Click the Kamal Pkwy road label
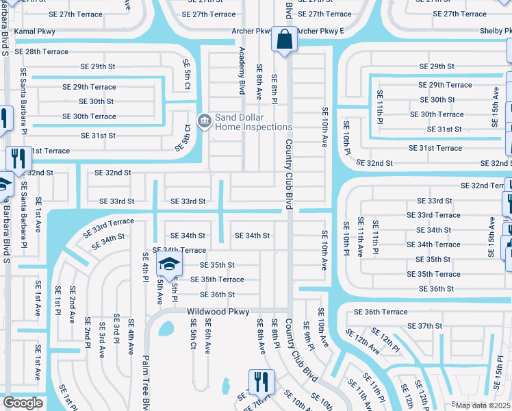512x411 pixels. (x=34, y=32)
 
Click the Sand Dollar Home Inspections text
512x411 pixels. (x=253, y=122)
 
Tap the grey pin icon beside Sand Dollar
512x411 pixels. (x=203, y=122)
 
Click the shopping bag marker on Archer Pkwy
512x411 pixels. (x=283, y=39)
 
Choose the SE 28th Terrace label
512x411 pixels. (x=42, y=52)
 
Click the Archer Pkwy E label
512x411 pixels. (x=320, y=32)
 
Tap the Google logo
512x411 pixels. (x=23, y=403)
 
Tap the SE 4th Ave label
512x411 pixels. (x=131, y=338)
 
